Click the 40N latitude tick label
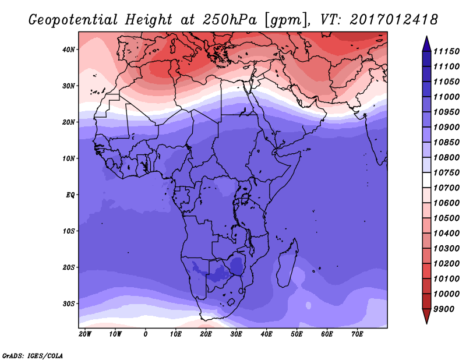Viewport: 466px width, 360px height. tap(68, 50)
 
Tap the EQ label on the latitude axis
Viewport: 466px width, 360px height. tap(70, 195)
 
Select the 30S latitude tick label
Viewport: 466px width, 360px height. tap(68, 304)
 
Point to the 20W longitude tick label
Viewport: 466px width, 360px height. tap(85, 334)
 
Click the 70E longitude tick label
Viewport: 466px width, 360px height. tap(357, 334)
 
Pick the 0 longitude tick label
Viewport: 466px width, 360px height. tap(145, 334)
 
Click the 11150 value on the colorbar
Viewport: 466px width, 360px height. tap(446, 51)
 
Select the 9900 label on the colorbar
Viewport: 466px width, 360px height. tap(444, 309)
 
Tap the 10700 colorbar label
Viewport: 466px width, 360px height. tap(446, 188)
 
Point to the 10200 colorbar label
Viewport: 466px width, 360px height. tap(446, 264)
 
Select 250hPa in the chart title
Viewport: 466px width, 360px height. tap(230, 20)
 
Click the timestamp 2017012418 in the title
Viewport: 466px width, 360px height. tap(394, 20)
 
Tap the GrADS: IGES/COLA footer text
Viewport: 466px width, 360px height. tap(33, 356)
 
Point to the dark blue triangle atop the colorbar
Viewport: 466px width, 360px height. tap(426, 44)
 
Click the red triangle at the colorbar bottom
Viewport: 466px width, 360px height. tap(426, 316)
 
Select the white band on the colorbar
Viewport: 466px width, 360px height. tap(426, 180)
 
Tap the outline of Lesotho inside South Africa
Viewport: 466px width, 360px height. tap(231, 302)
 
